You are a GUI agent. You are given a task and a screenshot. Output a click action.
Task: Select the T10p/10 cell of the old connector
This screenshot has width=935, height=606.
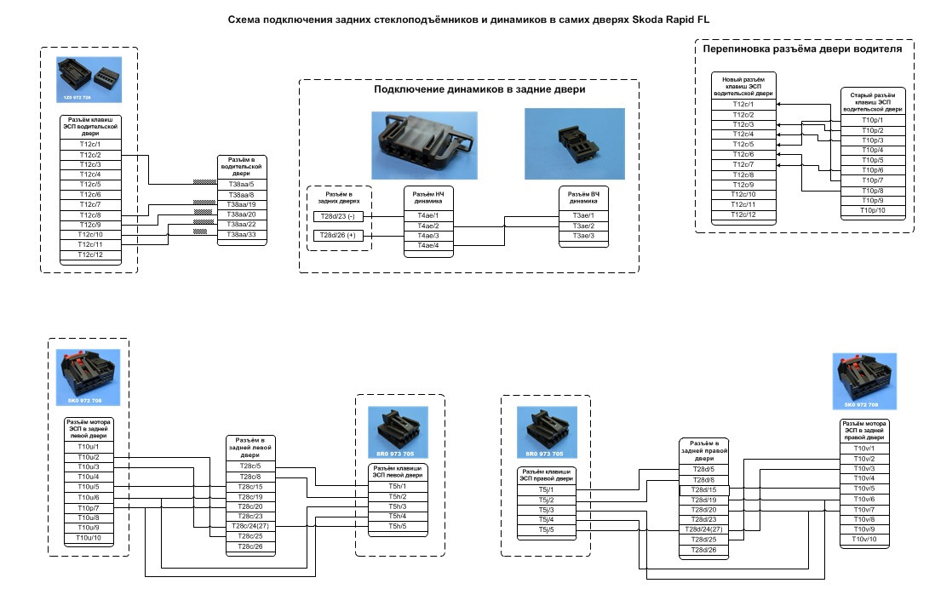[872, 210]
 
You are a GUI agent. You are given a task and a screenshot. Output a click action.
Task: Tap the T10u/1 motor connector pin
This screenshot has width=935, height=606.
[88, 447]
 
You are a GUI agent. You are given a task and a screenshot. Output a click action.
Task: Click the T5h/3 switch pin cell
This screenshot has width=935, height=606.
[397, 506]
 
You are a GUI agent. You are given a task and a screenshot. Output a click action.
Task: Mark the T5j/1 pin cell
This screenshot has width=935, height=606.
[546, 489]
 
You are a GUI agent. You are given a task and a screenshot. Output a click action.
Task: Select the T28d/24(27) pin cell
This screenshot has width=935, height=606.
[704, 530]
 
